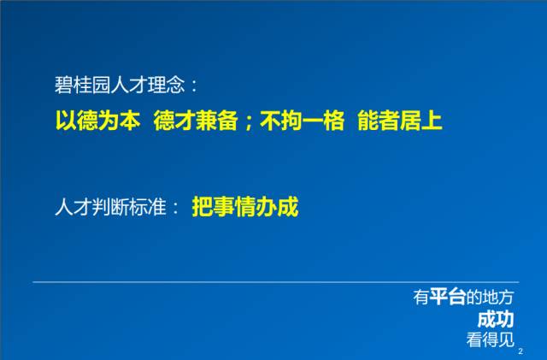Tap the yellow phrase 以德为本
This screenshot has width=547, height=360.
click(98, 121)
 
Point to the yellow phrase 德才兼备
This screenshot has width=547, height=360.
click(196, 121)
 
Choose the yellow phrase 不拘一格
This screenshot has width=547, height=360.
click(302, 121)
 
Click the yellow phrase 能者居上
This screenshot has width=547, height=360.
click(400, 121)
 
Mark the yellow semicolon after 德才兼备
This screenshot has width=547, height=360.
click(249, 123)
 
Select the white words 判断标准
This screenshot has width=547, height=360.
click(129, 207)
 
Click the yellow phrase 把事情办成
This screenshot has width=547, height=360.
click(245, 207)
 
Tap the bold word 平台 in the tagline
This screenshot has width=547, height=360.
click(448, 297)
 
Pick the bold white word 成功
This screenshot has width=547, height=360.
click(496, 319)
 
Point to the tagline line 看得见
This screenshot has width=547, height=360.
click(490, 339)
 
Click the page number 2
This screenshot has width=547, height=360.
click(521, 351)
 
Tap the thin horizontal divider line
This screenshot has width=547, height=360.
click(276, 282)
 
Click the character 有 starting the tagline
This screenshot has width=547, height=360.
click(421, 297)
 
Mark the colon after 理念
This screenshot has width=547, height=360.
click(194, 86)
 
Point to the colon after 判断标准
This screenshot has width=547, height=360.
click(175, 208)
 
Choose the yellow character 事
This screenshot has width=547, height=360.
click(224, 207)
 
